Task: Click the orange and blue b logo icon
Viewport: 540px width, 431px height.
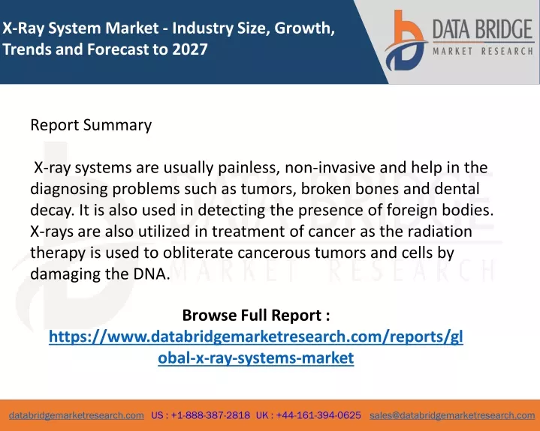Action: [406, 40]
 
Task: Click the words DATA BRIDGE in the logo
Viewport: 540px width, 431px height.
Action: [483, 29]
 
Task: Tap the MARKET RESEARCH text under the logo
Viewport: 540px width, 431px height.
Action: [483, 52]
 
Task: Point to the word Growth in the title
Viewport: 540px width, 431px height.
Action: [304, 28]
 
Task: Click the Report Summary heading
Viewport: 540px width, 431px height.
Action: [91, 124]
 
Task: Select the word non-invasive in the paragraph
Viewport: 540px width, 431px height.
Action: [330, 168]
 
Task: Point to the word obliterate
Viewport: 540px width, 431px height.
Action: [198, 253]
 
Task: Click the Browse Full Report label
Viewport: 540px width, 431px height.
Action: [256, 315]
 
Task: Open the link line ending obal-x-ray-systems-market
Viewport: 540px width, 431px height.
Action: [256, 358]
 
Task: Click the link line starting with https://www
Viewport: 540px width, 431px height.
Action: [256, 337]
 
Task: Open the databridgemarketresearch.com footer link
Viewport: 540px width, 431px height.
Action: [77, 415]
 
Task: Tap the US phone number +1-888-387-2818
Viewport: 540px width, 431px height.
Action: [210, 415]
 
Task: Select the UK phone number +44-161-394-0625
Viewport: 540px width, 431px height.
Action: [318, 415]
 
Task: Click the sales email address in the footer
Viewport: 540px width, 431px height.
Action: [452, 415]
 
